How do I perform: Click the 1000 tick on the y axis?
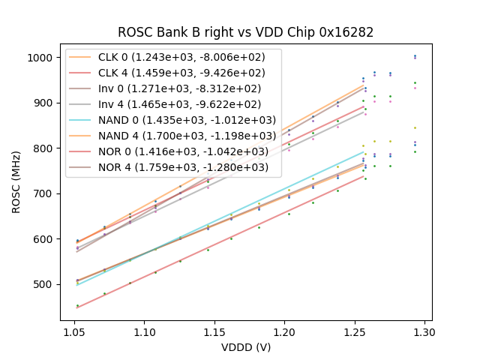[42, 58]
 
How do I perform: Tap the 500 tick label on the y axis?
[44, 284]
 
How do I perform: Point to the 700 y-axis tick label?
[44, 193]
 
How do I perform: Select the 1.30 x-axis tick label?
[424, 331]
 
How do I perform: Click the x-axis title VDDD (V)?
[246, 346]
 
